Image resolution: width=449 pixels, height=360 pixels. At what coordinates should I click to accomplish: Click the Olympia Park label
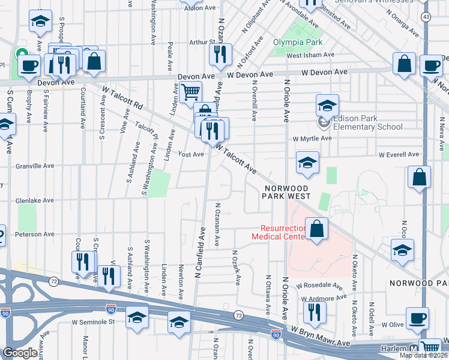coord(298,42)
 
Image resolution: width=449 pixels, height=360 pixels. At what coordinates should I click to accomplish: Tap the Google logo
coord(19,352)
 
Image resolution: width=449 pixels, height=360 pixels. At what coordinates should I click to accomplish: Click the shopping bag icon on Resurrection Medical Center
coord(316,229)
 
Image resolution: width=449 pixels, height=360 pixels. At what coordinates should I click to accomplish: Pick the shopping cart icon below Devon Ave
coord(190,92)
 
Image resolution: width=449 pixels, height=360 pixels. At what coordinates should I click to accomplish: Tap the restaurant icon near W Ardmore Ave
coord(314,312)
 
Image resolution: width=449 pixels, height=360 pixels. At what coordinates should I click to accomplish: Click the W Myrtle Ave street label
coord(312,139)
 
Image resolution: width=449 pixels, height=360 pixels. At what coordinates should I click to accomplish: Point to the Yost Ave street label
coord(191,154)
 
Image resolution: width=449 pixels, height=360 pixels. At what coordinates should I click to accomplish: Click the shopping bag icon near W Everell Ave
coord(419,177)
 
